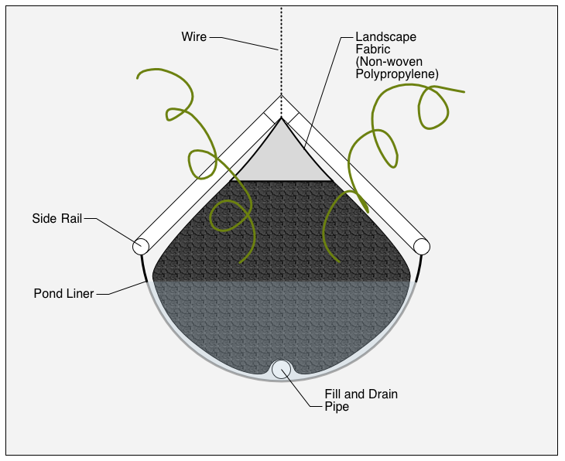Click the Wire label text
(x=193, y=36)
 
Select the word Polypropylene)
(x=397, y=73)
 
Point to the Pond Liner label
(x=63, y=294)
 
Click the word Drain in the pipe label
(x=382, y=394)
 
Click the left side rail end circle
(x=140, y=246)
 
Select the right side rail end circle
(x=422, y=246)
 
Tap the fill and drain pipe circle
(x=281, y=370)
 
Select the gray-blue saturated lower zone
(x=281, y=317)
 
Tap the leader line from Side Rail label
(x=108, y=227)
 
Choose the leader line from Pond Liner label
(x=124, y=289)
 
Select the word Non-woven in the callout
(x=385, y=61)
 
